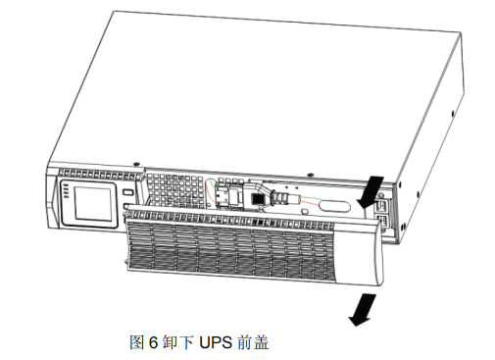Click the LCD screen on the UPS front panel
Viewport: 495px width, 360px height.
(93, 204)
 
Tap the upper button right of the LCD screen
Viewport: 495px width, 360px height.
(128, 192)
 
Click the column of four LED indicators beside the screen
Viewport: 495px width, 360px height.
(66, 191)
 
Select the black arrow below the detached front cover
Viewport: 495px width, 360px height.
(363, 309)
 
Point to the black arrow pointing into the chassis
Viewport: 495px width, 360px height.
(371, 192)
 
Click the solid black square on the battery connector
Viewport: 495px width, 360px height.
(257, 198)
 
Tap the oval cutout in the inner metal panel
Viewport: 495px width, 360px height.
(334, 206)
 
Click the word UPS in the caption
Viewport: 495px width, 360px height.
(216, 342)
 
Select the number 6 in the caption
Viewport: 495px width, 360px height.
(153, 342)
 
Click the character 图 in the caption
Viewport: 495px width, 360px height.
(137, 342)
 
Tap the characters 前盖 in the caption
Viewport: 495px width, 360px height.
(253, 342)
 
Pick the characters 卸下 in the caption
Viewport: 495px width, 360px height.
(177, 342)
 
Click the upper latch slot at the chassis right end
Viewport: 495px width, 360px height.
(381, 206)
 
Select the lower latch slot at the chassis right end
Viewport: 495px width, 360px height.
(381, 222)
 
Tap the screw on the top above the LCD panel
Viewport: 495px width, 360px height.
(137, 164)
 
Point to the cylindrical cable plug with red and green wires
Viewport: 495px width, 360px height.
(283, 197)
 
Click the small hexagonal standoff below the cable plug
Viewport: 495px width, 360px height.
(305, 211)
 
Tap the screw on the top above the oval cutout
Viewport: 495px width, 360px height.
(311, 176)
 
